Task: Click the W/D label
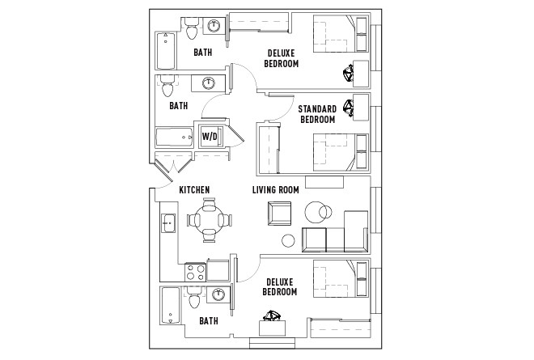click(x=210, y=136)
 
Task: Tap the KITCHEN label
click(x=194, y=190)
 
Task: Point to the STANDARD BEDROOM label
click(x=317, y=114)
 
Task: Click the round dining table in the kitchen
click(x=210, y=218)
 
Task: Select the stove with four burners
click(x=195, y=271)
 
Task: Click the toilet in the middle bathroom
click(x=167, y=83)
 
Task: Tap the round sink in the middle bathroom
click(x=208, y=83)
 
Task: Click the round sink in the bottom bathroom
click(x=218, y=295)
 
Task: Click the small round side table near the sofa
click(x=287, y=240)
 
